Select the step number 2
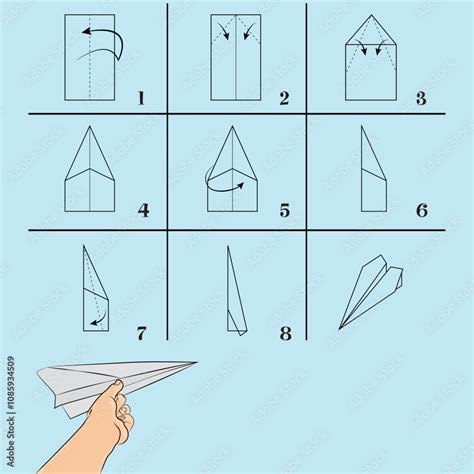284,98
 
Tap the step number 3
421,98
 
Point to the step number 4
144,210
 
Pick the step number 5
285,210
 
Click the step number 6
421,210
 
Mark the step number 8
285,332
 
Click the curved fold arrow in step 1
104,40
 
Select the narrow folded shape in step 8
233,295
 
